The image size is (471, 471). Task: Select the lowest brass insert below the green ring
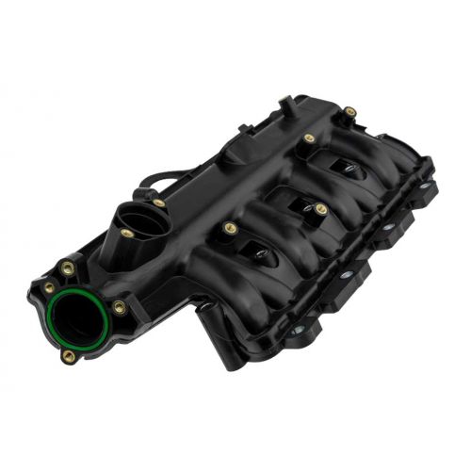click(x=68, y=356)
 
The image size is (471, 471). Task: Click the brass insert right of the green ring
click(x=119, y=307)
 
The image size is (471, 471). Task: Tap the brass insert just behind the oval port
click(x=159, y=203)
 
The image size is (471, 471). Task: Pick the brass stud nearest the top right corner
click(x=350, y=112)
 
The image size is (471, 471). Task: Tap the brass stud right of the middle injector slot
click(x=321, y=209)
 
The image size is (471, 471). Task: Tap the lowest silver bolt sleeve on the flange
click(x=298, y=330)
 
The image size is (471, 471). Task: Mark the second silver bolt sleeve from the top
click(x=386, y=229)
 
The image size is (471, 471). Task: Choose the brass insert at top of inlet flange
click(x=68, y=268)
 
